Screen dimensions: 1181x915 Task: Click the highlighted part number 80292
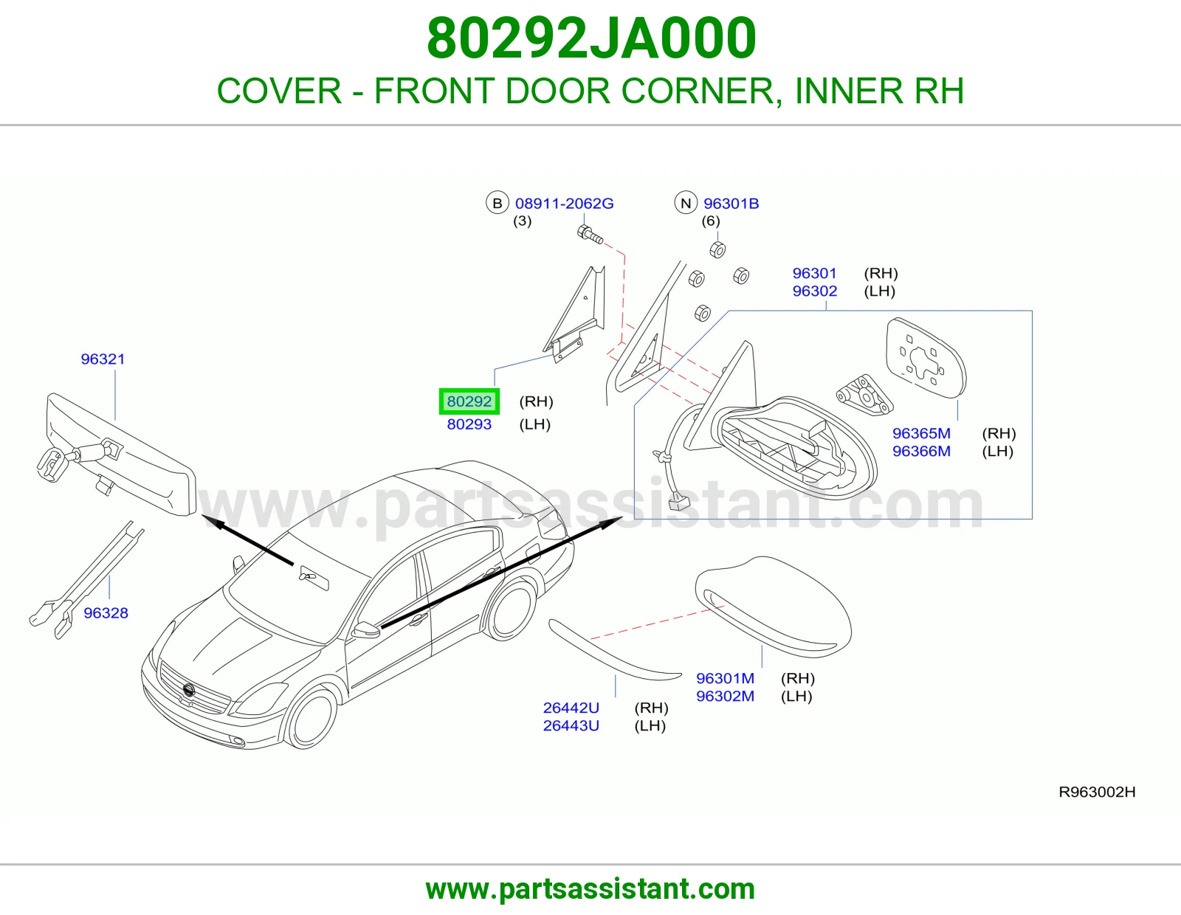[469, 401]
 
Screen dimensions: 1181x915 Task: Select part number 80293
[469, 424]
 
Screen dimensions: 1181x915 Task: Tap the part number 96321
[103, 359]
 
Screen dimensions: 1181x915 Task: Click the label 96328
[106, 613]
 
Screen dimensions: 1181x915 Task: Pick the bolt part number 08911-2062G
[564, 204]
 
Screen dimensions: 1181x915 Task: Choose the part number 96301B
[731, 204]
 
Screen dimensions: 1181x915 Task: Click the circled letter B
[497, 203]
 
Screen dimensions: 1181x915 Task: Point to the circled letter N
[685, 203]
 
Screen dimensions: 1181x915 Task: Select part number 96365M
[921, 434]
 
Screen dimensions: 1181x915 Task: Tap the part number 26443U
[571, 726]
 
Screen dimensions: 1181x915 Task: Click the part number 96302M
[725, 697]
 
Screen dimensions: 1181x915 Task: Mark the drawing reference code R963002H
[1097, 793]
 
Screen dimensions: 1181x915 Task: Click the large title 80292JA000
[590, 38]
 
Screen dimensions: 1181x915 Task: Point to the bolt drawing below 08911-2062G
[590, 235]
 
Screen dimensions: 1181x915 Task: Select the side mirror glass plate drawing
[926, 359]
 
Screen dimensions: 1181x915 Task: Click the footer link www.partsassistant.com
[590, 889]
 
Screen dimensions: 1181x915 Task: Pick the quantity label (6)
[710, 221]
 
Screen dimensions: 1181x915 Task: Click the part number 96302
[814, 291]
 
